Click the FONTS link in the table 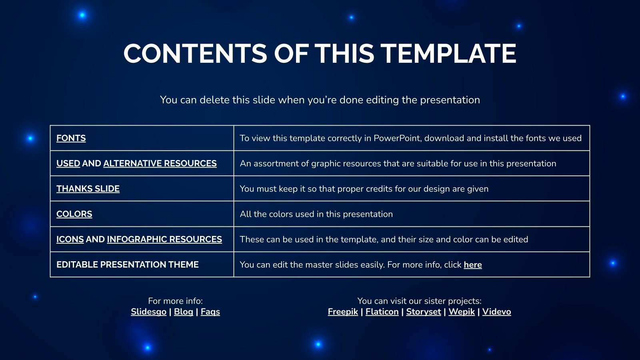click(x=71, y=138)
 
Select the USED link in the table click(x=68, y=164)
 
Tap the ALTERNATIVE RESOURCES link click(x=160, y=164)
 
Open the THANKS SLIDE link click(x=88, y=189)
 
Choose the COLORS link click(x=74, y=214)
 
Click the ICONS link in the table click(x=70, y=240)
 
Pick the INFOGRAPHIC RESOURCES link click(x=164, y=240)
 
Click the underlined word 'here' click(x=472, y=265)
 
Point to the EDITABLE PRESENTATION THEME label click(x=128, y=264)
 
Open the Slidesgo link click(x=148, y=312)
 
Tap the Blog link click(x=184, y=312)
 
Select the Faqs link click(x=210, y=312)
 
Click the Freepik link click(x=343, y=312)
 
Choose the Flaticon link click(x=382, y=312)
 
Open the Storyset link click(x=424, y=312)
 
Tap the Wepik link click(x=462, y=312)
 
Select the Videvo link click(x=496, y=312)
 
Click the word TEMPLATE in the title click(x=448, y=54)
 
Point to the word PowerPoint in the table click(x=397, y=138)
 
